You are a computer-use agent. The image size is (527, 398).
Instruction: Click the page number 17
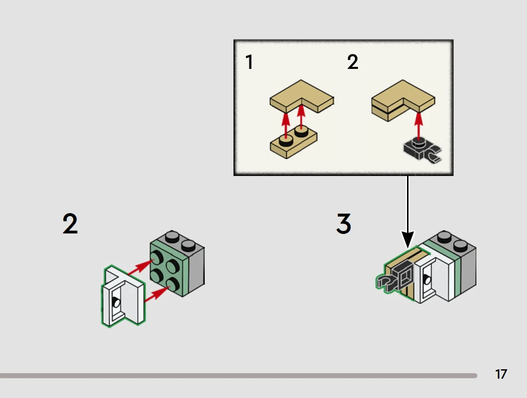click(x=501, y=374)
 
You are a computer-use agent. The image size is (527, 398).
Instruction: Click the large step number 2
click(x=70, y=224)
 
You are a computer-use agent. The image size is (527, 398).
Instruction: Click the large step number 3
click(x=344, y=224)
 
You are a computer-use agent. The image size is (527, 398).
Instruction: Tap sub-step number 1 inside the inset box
click(x=249, y=63)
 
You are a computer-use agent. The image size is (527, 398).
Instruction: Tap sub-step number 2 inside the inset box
click(x=352, y=63)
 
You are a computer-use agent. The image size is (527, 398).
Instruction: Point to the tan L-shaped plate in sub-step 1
click(x=301, y=97)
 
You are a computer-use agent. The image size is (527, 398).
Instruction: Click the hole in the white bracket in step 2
click(x=117, y=303)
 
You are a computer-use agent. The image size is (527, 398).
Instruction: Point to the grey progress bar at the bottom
click(x=238, y=376)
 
